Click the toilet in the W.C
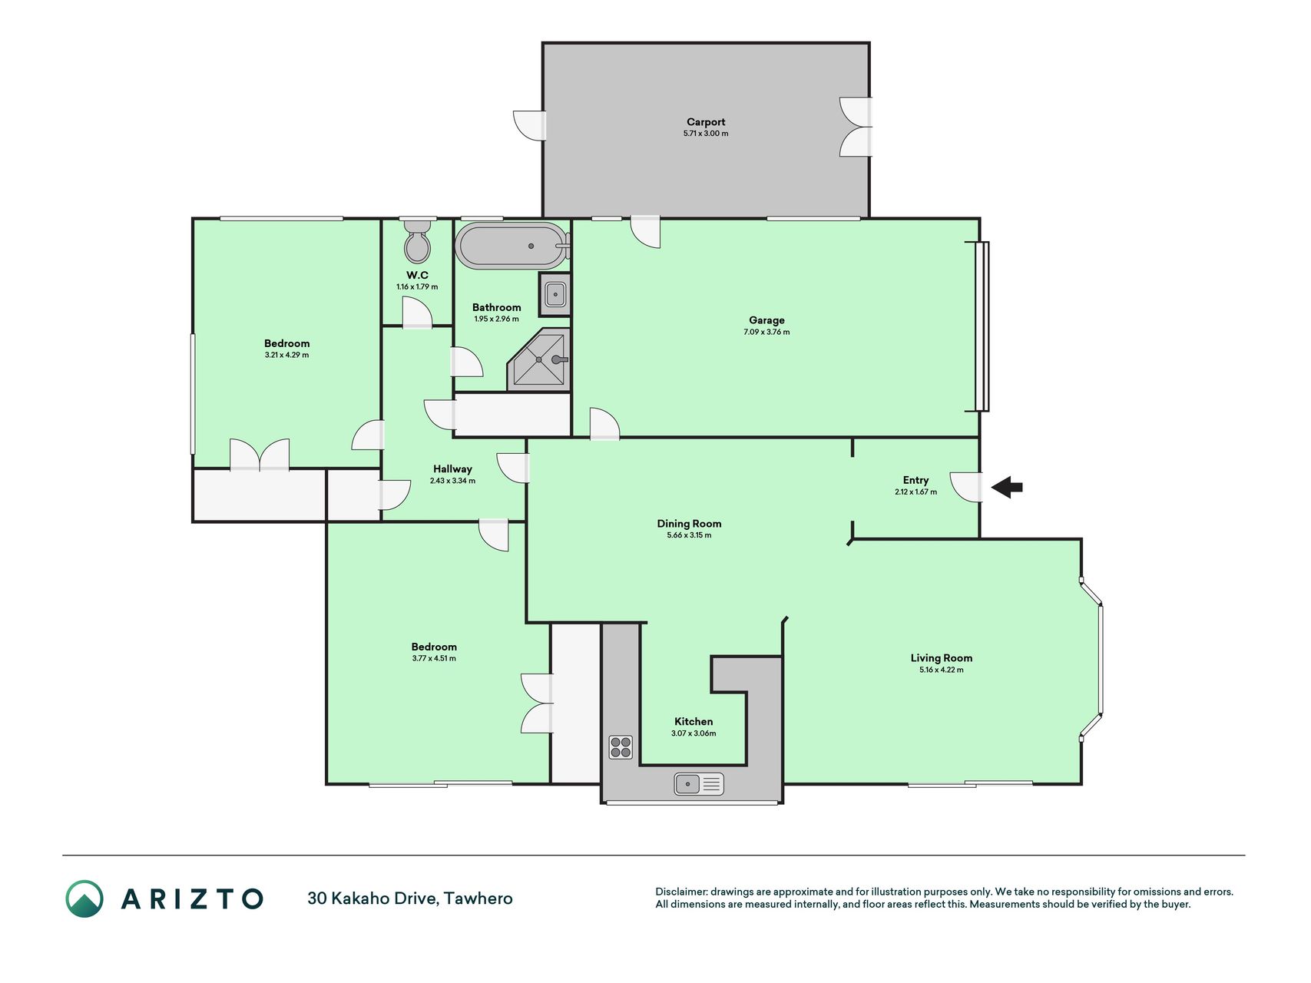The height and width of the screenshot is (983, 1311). [x=417, y=242]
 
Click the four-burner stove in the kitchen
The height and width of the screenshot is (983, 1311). [x=621, y=746]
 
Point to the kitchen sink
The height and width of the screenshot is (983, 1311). [x=699, y=784]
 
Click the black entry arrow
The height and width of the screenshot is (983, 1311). [x=1007, y=487]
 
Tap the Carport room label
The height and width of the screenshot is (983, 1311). [x=706, y=122]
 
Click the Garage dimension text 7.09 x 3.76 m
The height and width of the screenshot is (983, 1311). [x=766, y=333]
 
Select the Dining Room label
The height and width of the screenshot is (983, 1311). [x=689, y=524]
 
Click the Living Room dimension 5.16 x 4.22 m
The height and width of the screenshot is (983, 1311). [x=941, y=670]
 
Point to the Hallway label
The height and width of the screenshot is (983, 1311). [x=452, y=469]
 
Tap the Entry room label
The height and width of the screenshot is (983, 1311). [x=915, y=480]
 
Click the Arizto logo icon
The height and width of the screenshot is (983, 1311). [x=84, y=899]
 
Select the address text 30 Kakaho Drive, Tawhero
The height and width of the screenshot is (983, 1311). [x=410, y=899]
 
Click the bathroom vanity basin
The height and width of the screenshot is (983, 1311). [x=555, y=294]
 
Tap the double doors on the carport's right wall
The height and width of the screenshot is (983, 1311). [x=856, y=127]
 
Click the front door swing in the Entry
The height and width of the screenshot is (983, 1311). [x=966, y=487]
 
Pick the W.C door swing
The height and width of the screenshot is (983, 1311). [x=418, y=313]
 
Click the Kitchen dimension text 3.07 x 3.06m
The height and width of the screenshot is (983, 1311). [x=694, y=733]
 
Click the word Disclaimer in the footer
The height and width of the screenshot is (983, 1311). [x=681, y=892]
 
